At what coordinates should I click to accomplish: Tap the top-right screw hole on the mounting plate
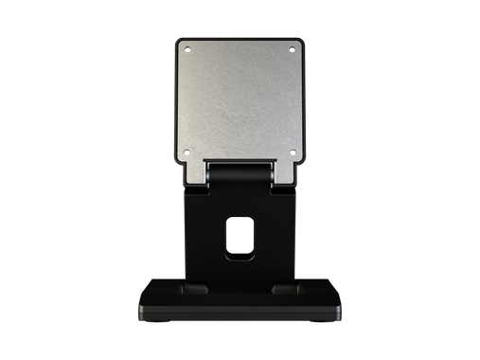click(293, 50)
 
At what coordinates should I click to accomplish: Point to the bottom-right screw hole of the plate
click(293, 152)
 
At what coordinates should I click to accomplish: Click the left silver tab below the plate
click(195, 173)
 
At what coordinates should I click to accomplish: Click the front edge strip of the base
click(240, 314)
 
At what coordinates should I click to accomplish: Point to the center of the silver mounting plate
click(240, 100)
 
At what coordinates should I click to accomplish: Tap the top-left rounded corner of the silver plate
click(180, 43)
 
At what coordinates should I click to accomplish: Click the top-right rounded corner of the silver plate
click(300, 43)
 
